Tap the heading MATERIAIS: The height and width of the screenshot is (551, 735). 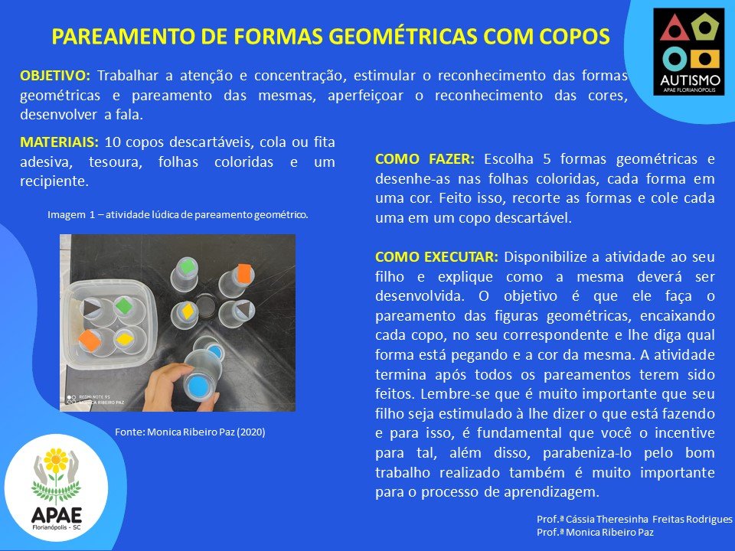(59, 142)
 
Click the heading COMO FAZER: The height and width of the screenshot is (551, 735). (425, 159)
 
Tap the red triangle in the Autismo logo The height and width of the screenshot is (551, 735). (675, 28)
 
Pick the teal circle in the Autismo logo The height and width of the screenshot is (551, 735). (675, 59)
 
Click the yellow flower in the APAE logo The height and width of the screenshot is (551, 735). (56, 460)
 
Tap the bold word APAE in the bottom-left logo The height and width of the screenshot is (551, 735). (56, 515)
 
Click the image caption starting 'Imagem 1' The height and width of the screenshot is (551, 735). (178, 214)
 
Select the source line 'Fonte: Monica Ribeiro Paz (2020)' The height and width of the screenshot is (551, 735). (190, 432)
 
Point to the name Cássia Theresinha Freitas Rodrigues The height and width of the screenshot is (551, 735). (648, 519)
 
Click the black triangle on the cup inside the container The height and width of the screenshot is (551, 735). (92, 308)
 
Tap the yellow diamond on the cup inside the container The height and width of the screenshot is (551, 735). (125, 339)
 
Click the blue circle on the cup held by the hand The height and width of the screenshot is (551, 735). (198, 386)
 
